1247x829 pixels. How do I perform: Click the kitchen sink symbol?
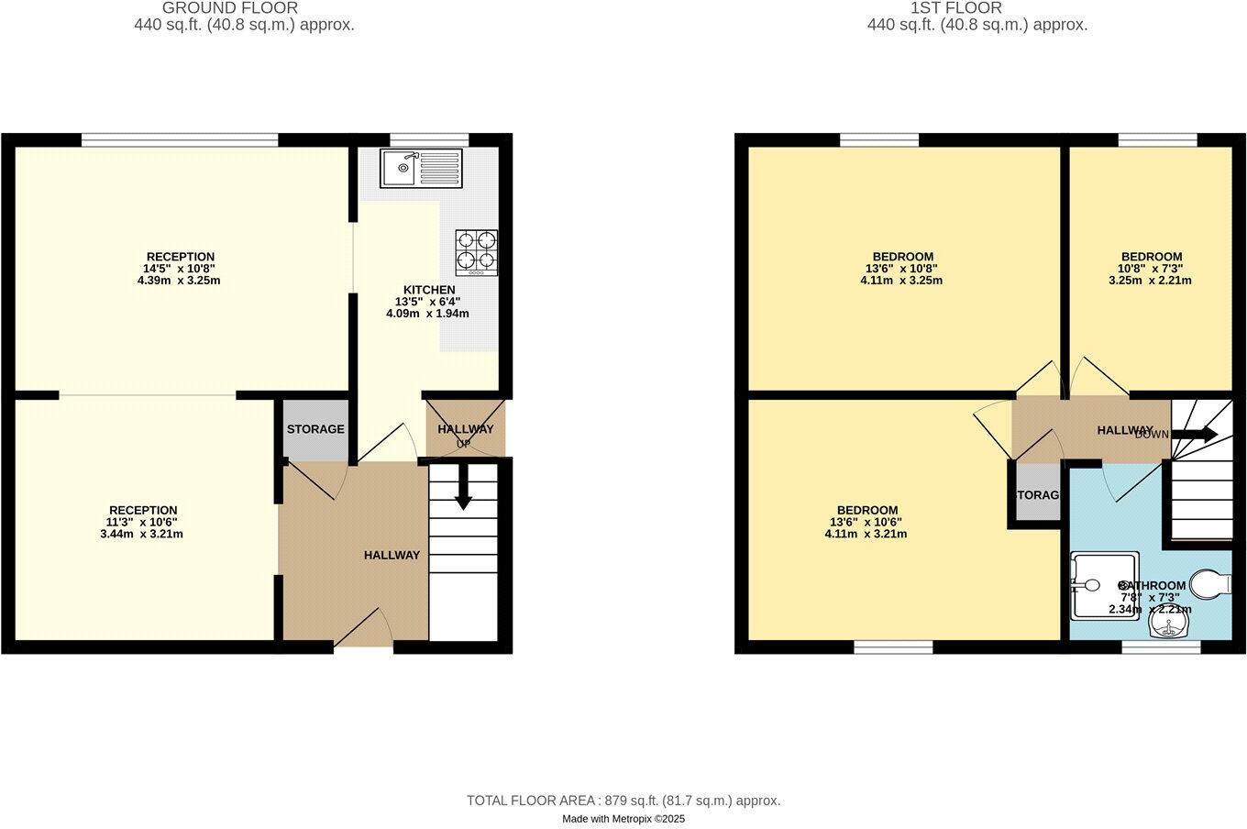[422, 168]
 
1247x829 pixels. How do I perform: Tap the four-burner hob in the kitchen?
[476, 252]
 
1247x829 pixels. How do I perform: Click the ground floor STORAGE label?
[315, 429]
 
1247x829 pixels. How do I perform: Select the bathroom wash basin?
[1169, 626]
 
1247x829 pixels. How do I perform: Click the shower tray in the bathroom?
[1103, 585]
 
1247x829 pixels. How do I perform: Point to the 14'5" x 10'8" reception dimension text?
[181, 269]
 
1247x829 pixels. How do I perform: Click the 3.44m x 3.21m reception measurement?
[141, 534]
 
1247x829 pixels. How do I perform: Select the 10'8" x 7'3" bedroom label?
[1151, 269]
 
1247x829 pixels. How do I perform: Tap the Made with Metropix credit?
[623, 819]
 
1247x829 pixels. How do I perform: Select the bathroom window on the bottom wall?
[1161, 647]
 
